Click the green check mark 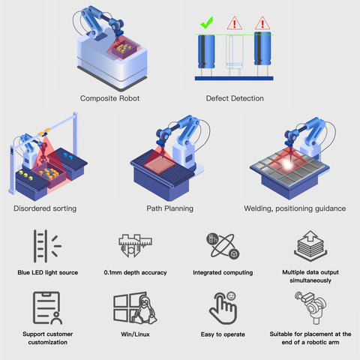(206, 23)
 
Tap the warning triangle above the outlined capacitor (234, 23)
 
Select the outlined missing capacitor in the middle (234, 55)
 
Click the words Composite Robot (109, 98)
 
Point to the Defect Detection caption (235, 98)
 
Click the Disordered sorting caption (45, 208)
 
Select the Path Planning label (170, 208)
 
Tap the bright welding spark (287, 164)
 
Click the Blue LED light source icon (47, 246)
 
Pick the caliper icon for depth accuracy (135, 245)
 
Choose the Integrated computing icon (223, 246)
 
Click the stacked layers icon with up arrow (310, 246)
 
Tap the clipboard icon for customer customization (47, 307)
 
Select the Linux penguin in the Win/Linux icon (145, 310)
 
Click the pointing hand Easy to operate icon (223, 308)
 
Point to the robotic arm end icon (310, 307)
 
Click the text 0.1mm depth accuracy (135, 272)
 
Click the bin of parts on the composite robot (124, 49)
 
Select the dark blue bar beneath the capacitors (234, 79)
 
